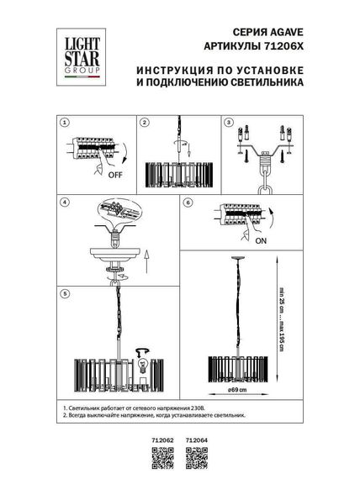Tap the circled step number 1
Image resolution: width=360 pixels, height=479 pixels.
(63, 123)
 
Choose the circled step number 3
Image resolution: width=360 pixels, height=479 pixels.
(228, 123)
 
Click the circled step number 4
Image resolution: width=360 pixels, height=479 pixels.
(63, 203)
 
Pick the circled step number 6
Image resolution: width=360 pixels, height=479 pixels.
(188, 203)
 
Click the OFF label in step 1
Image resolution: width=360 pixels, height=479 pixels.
(112, 178)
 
